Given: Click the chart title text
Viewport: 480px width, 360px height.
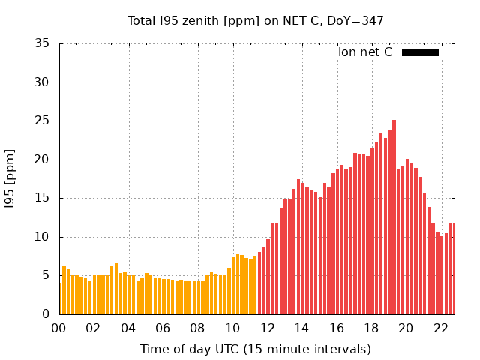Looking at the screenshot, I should pyautogui.click(x=256, y=20).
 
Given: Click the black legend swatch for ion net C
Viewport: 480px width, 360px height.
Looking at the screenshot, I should pyautogui.click(x=420, y=52).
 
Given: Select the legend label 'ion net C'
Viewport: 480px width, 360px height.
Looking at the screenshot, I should pyautogui.click(x=365, y=52).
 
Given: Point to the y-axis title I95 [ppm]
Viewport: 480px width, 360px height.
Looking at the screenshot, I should pyautogui.click(x=10, y=179).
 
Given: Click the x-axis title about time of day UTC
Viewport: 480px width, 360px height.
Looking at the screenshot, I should pyautogui.click(x=256, y=349).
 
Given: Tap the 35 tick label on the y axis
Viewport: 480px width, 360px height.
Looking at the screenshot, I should pyautogui.click(x=43, y=43).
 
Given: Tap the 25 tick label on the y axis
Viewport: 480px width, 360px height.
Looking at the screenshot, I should pyautogui.click(x=43, y=121).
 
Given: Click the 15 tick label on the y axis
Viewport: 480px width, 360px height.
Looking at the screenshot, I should pyautogui.click(x=43, y=198).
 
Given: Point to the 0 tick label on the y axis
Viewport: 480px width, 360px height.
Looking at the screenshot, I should pyautogui.click(x=46, y=314).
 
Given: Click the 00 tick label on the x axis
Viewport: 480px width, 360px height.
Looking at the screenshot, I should pyautogui.click(x=59, y=328).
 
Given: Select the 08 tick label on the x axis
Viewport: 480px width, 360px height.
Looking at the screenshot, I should pyautogui.click(x=198, y=328).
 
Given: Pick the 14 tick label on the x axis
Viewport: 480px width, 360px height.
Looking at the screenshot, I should pyautogui.click(x=301, y=328).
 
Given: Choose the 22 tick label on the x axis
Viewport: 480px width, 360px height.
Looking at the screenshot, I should pyautogui.click(x=440, y=328).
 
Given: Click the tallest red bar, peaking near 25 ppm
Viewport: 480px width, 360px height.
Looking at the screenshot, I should pyautogui.click(x=394, y=217).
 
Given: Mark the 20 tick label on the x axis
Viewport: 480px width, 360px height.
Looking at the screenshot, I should pyautogui.click(x=406, y=328).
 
